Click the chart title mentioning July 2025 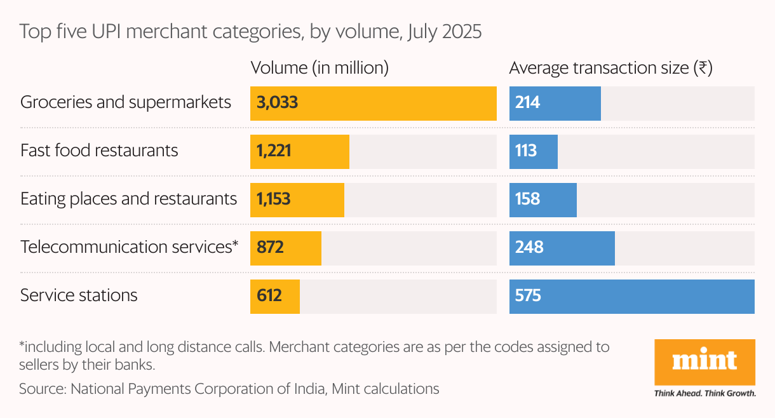(250, 32)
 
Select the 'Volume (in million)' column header (320, 68)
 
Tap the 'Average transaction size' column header (610, 68)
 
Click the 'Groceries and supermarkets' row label (126, 102)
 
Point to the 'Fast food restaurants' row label (99, 151)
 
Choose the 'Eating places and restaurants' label (128, 199)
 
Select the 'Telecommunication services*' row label (129, 247)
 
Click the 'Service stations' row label (79, 295)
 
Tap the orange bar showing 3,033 (374, 103)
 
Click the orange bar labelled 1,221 (300, 151)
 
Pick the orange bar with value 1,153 (297, 199)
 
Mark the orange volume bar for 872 (286, 248)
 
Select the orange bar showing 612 (275, 296)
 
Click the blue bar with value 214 (555, 103)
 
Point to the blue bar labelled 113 (533, 151)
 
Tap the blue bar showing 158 (542, 199)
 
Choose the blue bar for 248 (562, 248)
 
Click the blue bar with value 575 (631, 296)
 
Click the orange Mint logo (704, 362)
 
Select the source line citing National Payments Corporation (229, 388)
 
